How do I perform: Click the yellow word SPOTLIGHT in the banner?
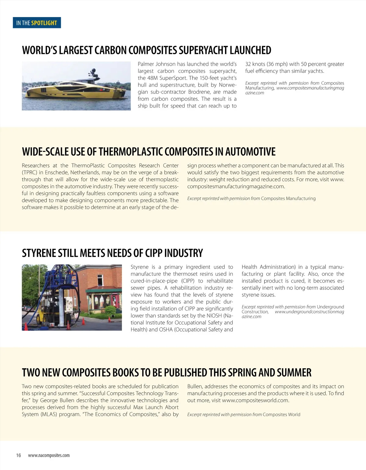click(44, 23)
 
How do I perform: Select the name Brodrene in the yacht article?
click(201, 92)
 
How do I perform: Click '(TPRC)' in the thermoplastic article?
click(29, 173)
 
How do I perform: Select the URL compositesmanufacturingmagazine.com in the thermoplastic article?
click(236, 187)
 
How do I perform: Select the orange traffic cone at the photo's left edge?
click(26, 326)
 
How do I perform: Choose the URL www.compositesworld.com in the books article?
click(255, 400)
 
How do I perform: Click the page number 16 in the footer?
click(19, 455)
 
